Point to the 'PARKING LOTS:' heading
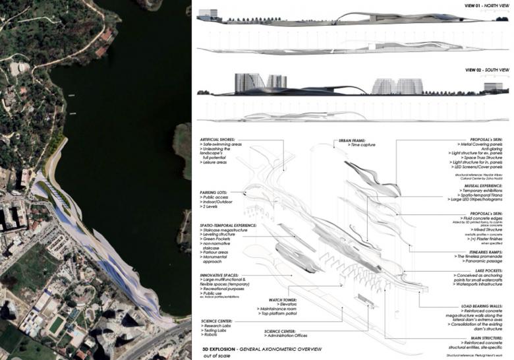215,193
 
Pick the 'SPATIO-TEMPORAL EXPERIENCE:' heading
231,225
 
